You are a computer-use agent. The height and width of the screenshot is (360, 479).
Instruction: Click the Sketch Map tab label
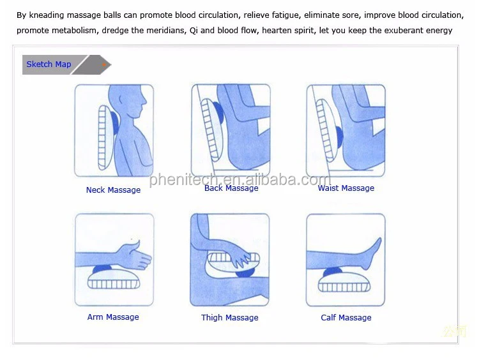[49, 64]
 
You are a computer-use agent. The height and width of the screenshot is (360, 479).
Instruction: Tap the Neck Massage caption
[113, 190]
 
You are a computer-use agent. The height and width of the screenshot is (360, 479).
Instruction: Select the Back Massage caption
[231, 188]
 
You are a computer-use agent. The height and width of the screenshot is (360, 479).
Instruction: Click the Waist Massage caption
[346, 188]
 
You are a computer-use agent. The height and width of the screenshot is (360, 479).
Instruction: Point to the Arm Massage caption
[113, 317]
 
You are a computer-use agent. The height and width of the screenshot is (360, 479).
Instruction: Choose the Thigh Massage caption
[229, 318]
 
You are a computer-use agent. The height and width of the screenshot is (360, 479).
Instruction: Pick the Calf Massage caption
[346, 318]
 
